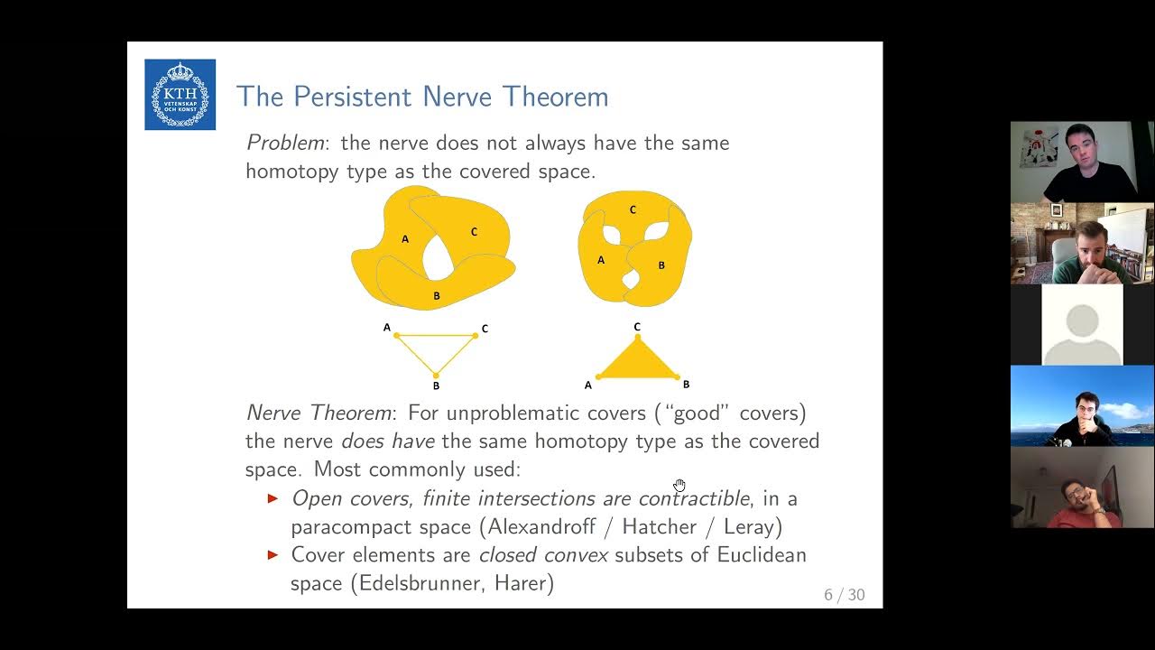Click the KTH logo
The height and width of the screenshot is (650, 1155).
point(180,95)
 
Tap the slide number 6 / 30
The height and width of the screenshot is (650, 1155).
point(844,594)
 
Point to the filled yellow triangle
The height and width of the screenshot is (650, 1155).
point(637,362)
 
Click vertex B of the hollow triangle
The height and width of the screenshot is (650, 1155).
point(436,376)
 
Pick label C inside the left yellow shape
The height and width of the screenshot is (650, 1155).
point(474,232)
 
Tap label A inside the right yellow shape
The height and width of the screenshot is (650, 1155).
point(601,260)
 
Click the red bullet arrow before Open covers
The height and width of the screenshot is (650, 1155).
point(273,498)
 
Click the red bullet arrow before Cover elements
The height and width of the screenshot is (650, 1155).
point(273,554)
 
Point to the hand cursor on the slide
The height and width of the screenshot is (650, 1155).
point(679,486)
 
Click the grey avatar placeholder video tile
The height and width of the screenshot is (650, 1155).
point(1082,324)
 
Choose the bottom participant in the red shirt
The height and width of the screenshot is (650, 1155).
point(1082,492)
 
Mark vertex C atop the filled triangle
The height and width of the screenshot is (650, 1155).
point(637,337)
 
